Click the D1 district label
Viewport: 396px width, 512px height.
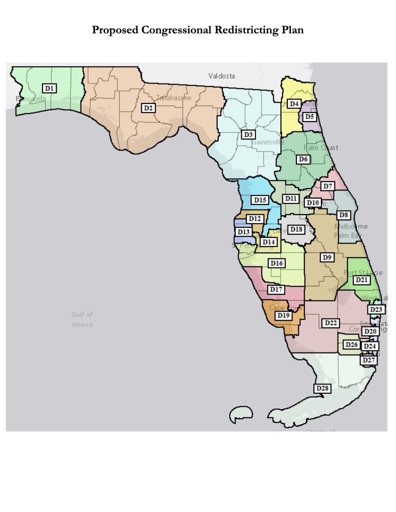(x=49, y=88)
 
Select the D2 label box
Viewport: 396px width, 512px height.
(x=148, y=107)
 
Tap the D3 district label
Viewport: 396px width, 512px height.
(x=248, y=134)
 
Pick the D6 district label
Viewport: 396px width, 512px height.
(x=303, y=159)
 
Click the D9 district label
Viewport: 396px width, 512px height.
(x=327, y=257)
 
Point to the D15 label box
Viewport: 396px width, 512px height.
(x=260, y=200)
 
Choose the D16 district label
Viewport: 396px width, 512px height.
(x=277, y=263)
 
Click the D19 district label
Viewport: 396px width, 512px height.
(x=283, y=315)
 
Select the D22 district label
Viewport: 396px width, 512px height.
(x=330, y=323)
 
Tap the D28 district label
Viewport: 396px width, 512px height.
(x=322, y=388)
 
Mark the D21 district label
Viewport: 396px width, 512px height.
(x=361, y=280)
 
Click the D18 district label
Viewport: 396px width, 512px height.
(x=296, y=229)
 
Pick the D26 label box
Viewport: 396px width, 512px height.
(x=351, y=345)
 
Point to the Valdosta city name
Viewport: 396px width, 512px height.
(x=222, y=76)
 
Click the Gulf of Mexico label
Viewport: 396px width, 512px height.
(x=82, y=319)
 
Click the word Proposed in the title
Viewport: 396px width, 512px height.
(x=115, y=30)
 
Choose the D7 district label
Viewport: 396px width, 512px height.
(x=327, y=186)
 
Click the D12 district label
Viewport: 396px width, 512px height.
(x=255, y=218)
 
